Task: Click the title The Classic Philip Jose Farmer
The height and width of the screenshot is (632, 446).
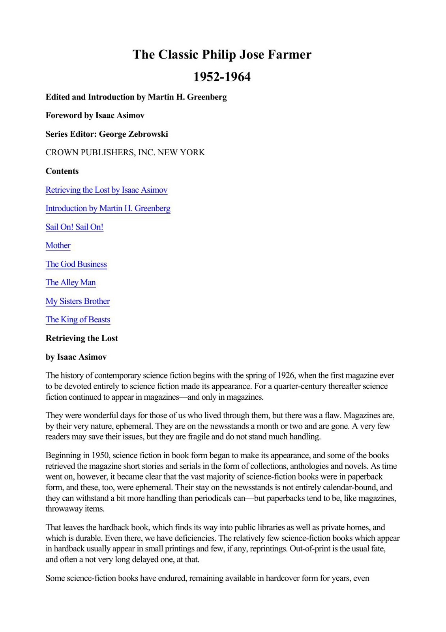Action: pyautogui.click(x=222, y=54)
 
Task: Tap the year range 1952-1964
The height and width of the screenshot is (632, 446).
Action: pyautogui.click(x=222, y=77)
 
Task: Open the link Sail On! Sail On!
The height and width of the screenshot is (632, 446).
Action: pyautogui.click(x=74, y=227)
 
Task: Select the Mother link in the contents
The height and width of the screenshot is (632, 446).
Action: pyautogui.click(x=58, y=245)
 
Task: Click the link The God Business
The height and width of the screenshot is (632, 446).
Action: pyautogui.click(x=76, y=264)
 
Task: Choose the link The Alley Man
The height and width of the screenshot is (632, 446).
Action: pyautogui.click(x=71, y=282)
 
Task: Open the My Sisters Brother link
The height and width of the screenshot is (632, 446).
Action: pyautogui.click(x=77, y=301)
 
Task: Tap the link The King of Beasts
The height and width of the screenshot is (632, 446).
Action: pyautogui.click(x=78, y=320)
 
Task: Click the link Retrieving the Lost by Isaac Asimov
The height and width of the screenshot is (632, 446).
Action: pyautogui.click(x=107, y=190)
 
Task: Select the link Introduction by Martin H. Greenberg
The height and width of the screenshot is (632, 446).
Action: pyautogui.click(x=108, y=208)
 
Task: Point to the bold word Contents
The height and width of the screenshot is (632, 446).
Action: pyautogui.click(x=62, y=171)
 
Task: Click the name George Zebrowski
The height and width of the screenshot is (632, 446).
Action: pyautogui.click(x=133, y=134)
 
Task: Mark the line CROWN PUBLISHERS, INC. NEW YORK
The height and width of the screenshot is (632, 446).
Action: pyautogui.click(x=125, y=152)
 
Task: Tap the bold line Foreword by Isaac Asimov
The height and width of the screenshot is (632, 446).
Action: pyautogui.click(x=95, y=115)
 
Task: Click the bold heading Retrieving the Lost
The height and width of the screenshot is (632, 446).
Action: pyautogui.click(x=82, y=338)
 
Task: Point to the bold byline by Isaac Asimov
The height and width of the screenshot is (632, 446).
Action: pyautogui.click(x=76, y=357)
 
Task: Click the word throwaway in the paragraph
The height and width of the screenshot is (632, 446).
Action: pyautogui.click(x=63, y=509)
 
